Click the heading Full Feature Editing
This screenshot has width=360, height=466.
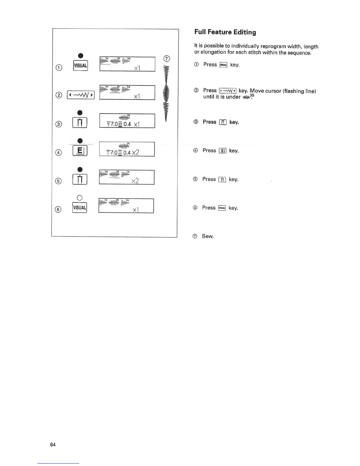225,32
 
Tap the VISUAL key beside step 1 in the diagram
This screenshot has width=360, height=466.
80,66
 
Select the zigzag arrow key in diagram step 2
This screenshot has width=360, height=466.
81,95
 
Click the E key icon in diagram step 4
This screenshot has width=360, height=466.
80,151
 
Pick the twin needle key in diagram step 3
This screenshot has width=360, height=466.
80,123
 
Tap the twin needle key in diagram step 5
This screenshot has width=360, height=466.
80,179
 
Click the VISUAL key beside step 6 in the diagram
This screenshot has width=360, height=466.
79,208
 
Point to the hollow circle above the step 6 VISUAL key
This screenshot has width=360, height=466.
80,197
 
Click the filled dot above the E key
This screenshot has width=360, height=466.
80,141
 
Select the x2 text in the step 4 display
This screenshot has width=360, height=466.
136,152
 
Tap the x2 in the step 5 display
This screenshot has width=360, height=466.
135,181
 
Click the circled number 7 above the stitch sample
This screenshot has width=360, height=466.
166,58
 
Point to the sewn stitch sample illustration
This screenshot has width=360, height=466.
167,94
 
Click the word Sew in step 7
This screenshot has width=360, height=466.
208,236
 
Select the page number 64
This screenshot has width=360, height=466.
53,445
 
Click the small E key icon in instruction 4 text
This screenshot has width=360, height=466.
223,151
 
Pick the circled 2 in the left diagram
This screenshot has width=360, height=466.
59,95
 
